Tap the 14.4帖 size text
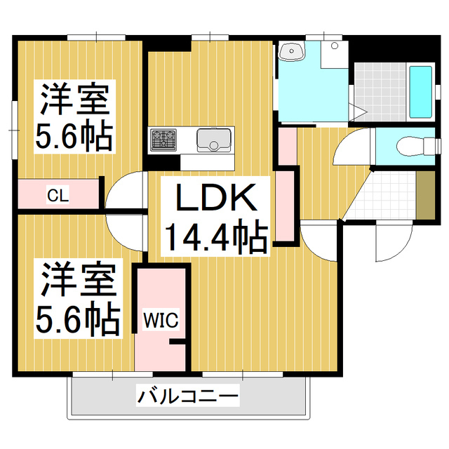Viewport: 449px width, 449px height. click(x=215, y=237)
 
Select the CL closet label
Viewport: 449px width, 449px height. click(x=58, y=195)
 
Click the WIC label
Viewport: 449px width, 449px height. click(x=161, y=320)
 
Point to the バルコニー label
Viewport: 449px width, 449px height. click(x=188, y=397)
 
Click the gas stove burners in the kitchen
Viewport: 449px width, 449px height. click(x=166, y=139)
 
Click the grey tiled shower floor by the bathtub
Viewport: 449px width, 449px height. click(x=379, y=93)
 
